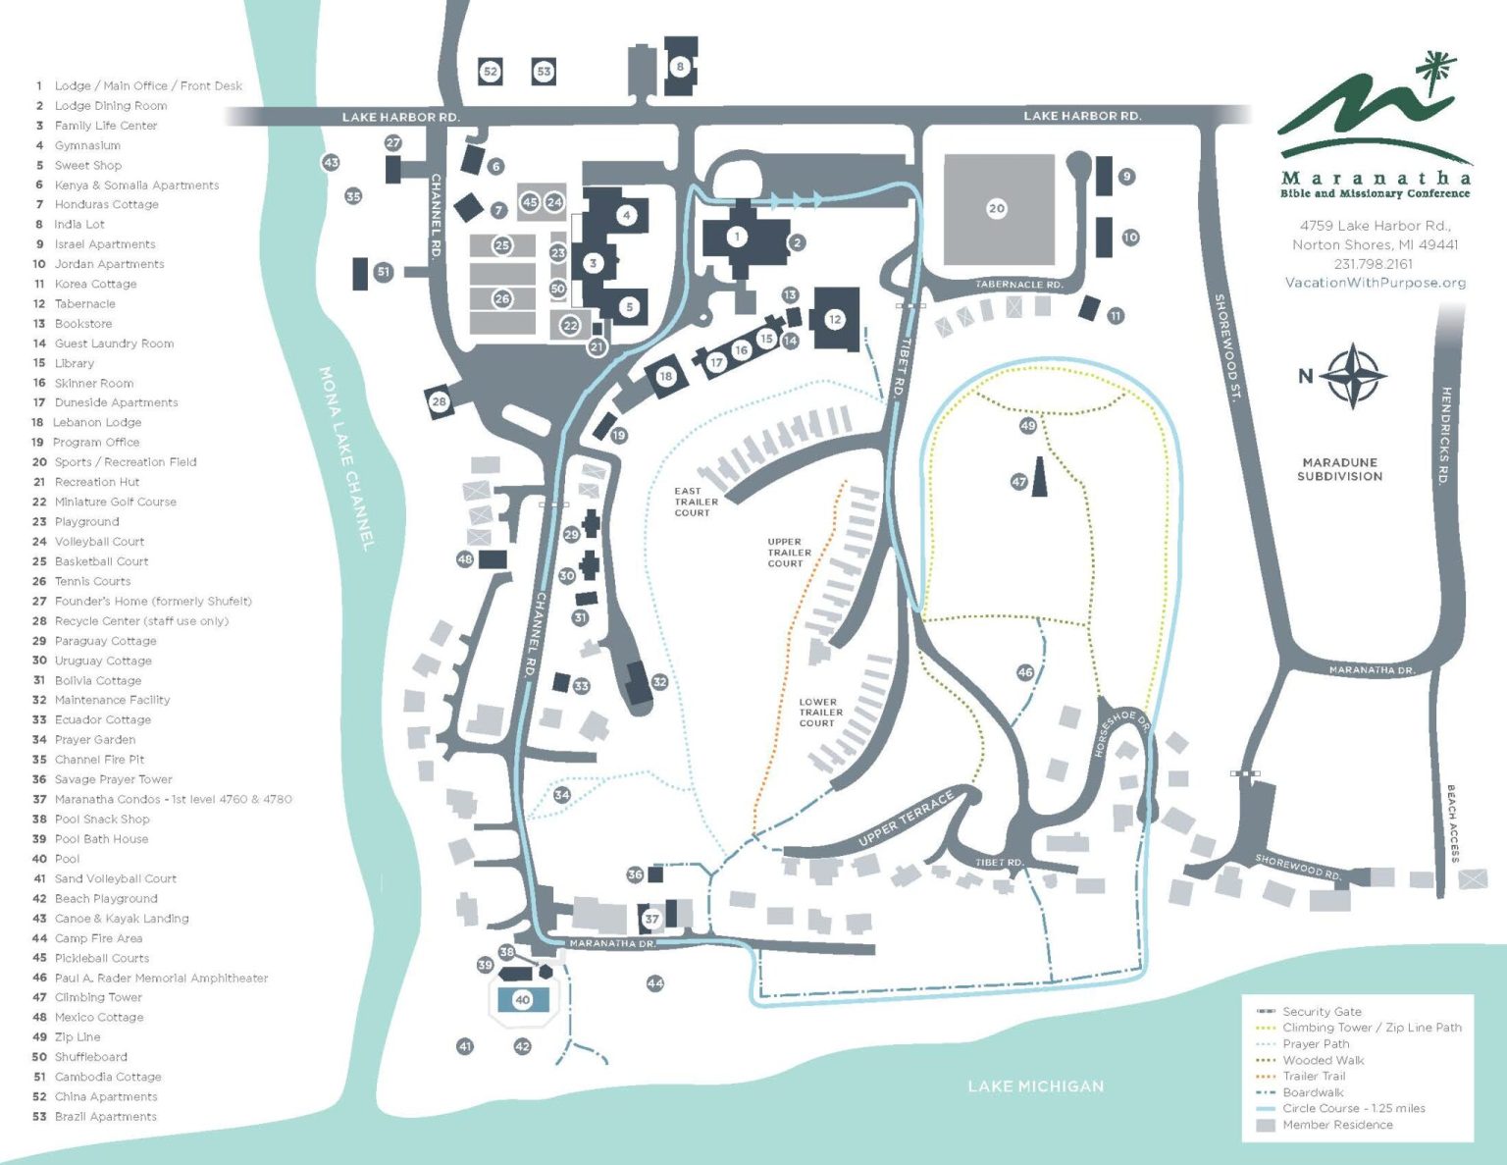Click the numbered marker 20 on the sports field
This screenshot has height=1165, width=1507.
(996, 208)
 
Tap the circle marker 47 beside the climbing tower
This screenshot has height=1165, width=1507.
(1018, 481)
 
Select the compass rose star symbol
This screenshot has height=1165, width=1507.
(1352, 376)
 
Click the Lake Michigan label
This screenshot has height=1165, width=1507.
(1035, 1086)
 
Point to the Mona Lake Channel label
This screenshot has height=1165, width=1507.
(346, 459)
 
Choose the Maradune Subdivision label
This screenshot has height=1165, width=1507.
(1339, 469)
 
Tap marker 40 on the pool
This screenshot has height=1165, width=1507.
(522, 1000)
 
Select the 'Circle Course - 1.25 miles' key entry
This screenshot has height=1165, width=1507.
(1353, 1108)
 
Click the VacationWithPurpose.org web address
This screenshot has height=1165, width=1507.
(1376, 283)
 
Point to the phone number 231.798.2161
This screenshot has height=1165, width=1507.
(1373, 264)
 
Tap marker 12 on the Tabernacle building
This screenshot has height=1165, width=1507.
(834, 319)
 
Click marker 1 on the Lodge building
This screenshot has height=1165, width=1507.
(737, 238)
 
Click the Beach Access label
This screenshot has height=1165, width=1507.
(1452, 823)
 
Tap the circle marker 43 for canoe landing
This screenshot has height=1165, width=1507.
(331, 163)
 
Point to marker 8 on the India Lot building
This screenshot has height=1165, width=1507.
(680, 67)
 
